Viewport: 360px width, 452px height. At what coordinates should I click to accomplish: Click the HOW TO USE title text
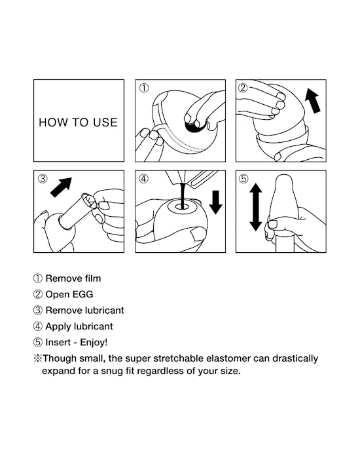(x=78, y=122)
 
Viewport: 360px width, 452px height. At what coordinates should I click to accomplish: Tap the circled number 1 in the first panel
(x=144, y=88)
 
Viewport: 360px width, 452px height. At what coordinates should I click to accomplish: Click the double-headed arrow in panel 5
(x=256, y=206)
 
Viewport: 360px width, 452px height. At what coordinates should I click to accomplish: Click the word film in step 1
(x=91, y=278)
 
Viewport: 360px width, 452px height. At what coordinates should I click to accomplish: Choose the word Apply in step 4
(x=58, y=326)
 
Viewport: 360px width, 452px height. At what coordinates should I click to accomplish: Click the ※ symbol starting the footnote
(x=37, y=358)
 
